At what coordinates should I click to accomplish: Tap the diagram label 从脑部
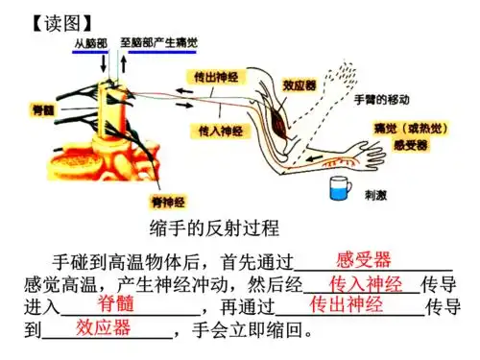tap(94, 43)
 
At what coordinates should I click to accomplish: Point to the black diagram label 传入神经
tap(218, 128)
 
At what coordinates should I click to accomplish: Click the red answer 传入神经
tap(365, 284)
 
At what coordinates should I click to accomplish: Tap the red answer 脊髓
tap(116, 305)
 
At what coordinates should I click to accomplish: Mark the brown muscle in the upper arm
tap(280, 117)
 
